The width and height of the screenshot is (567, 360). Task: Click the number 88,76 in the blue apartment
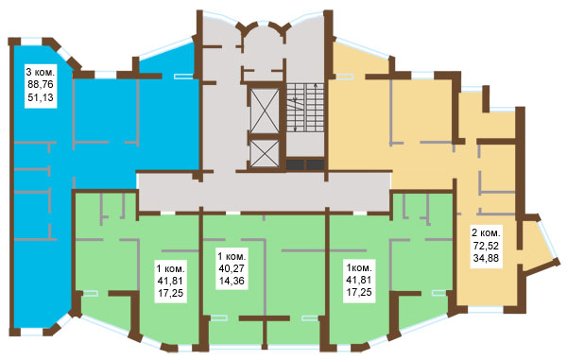(41, 84)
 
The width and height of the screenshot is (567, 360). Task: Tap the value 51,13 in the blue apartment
(41, 97)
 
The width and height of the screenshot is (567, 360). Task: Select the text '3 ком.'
(41, 71)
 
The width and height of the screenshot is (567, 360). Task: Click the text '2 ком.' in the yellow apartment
(486, 232)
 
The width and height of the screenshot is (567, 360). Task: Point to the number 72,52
(486, 246)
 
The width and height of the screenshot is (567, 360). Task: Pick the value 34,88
(486, 258)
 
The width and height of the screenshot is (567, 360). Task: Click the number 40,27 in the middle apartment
(232, 268)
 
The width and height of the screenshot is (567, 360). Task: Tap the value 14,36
(232, 281)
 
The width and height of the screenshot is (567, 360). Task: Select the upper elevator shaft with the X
(265, 111)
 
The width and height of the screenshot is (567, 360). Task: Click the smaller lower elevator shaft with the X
(265, 154)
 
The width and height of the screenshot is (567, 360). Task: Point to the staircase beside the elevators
(305, 108)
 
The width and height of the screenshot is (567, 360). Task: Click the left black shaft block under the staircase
(296, 164)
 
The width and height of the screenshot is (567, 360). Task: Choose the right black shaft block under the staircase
(316, 164)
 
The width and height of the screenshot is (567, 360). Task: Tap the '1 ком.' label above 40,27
(232, 256)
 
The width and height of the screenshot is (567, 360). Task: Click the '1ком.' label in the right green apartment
(359, 267)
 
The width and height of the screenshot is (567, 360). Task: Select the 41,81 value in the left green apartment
(170, 281)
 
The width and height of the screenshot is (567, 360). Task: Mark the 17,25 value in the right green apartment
(359, 292)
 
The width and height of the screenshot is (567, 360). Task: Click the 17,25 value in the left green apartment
(170, 293)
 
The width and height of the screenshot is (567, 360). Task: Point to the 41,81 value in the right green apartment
(359, 280)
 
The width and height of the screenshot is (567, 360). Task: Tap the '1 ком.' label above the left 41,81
(170, 268)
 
